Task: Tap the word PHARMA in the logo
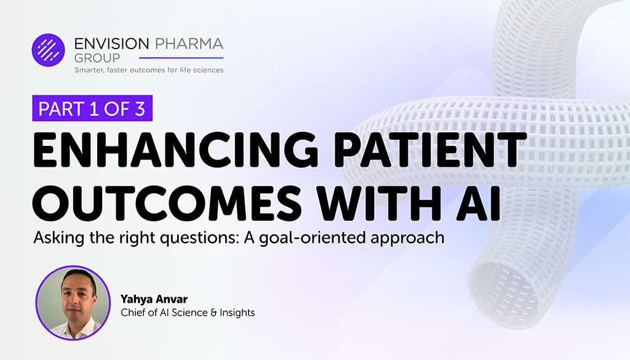click(188, 44)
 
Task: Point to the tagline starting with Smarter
click(149, 70)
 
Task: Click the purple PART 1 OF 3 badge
click(92, 109)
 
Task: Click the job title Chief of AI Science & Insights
click(188, 313)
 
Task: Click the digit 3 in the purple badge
click(139, 109)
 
